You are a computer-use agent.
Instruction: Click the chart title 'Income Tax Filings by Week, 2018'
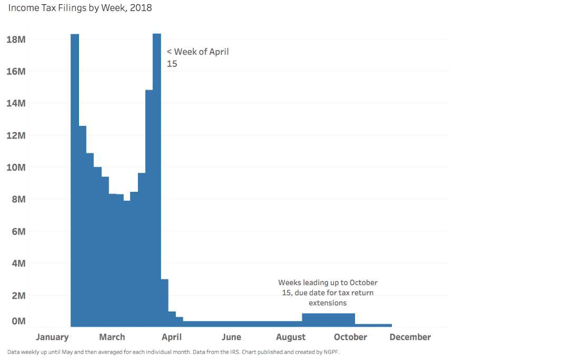click(x=80, y=8)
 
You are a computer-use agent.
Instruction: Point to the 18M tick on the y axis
click(x=16, y=40)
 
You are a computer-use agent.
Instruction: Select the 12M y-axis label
click(x=16, y=135)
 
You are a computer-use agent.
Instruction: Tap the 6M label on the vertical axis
click(x=18, y=231)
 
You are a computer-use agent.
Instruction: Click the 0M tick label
click(x=18, y=321)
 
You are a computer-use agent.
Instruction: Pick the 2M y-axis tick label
click(x=18, y=296)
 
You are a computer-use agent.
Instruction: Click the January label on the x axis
click(x=52, y=337)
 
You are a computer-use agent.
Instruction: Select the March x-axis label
click(x=112, y=337)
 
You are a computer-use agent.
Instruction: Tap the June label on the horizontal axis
click(x=231, y=337)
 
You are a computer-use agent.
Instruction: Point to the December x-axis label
click(x=410, y=337)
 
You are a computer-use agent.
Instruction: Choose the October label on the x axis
click(x=350, y=337)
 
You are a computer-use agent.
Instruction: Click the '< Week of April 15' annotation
click(x=197, y=57)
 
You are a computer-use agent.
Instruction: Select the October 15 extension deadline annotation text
click(x=328, y=293)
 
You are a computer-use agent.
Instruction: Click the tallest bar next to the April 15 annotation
click(x=157, y=179)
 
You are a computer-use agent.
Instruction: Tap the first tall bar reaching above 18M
click(x=75, y=179)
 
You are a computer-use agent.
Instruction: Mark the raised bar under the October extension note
click(x=328, y=320)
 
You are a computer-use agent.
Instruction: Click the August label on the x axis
click(x=291, y=337)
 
